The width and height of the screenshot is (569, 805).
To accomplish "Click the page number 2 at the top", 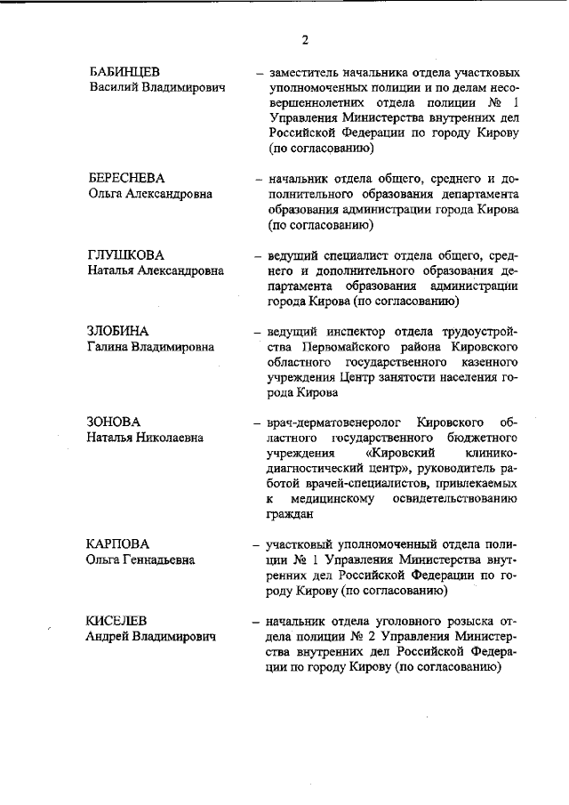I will coord(304,40).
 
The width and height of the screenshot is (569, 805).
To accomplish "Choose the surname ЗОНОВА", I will coord(114,421).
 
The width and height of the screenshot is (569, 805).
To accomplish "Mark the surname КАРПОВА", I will coord(118,543).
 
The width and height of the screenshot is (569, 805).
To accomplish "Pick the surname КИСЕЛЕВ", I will coord(116,620).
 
